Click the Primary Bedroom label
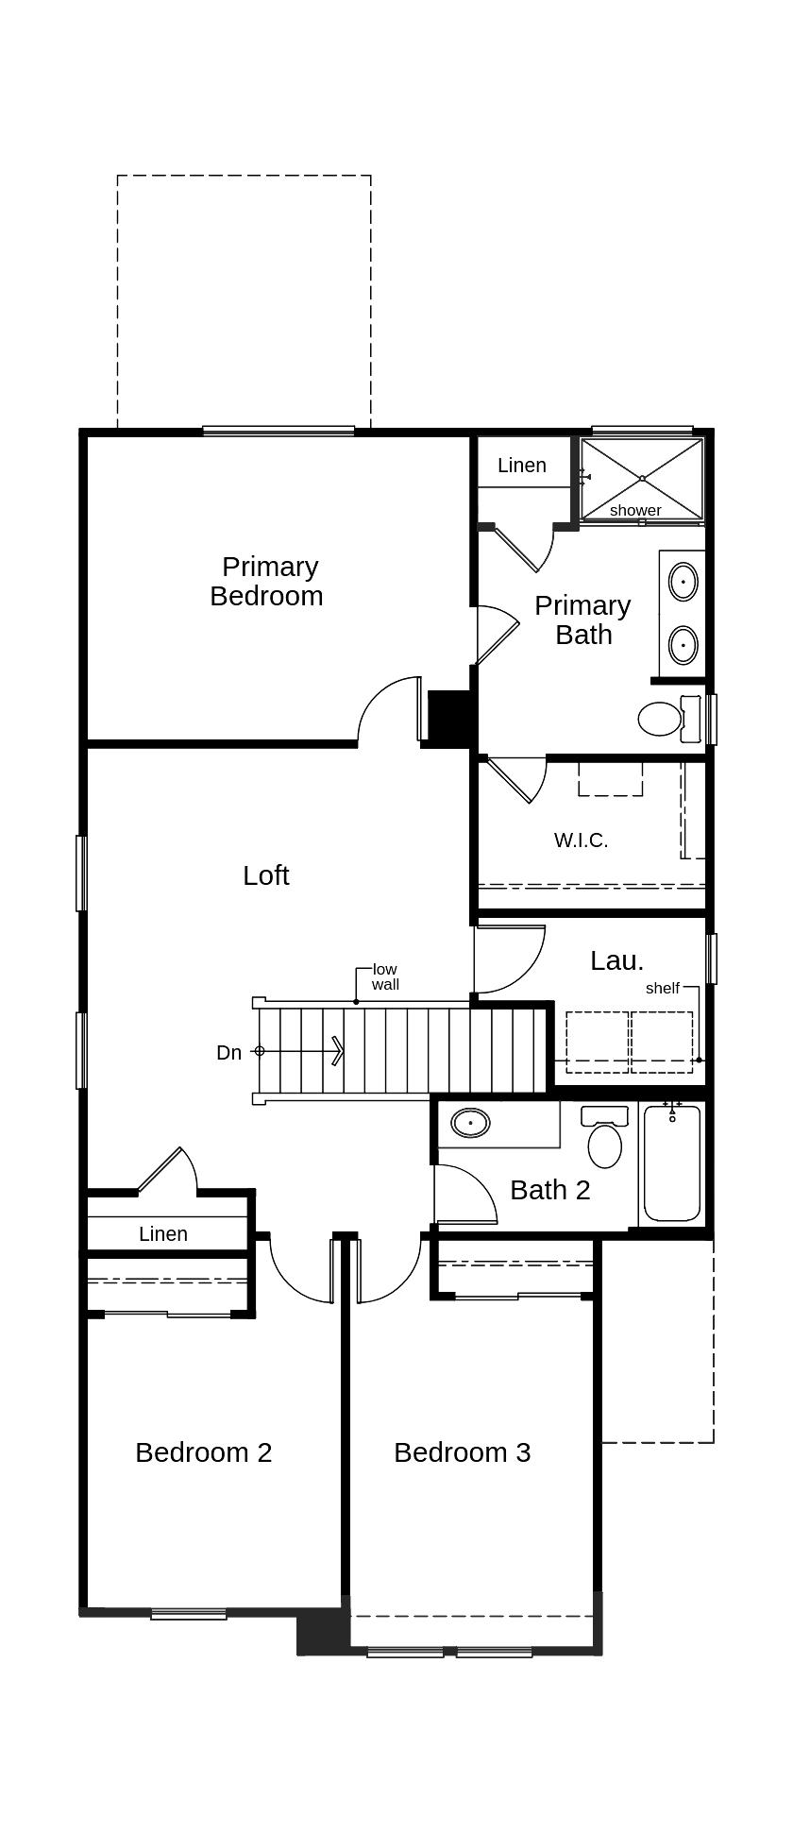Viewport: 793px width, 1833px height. [267, 581]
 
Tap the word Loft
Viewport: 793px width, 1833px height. [266, 875]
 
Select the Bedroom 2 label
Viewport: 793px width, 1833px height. [204, 1451]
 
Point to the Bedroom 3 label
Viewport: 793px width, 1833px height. [463, 1451]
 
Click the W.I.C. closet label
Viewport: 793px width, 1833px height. [581, 840]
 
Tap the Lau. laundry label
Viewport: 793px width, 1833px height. [617, 960]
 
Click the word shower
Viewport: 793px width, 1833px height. [635, 510]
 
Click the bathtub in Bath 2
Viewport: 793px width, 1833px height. [672, 1163]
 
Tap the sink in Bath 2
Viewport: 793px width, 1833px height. [470, 1123]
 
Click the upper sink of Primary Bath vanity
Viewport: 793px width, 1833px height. [683, 582]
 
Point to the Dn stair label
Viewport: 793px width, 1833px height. [229, 1052]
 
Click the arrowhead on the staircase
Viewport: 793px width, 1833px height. [338, 1050]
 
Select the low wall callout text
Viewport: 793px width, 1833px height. [385, 976]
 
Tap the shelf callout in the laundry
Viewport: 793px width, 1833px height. [663, 988]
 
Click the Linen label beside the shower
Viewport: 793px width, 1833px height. [522, 465]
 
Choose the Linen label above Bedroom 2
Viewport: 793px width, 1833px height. [163, 1233]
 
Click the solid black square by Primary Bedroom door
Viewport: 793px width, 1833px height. [449, 718]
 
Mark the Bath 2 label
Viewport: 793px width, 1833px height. [550, 1190]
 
